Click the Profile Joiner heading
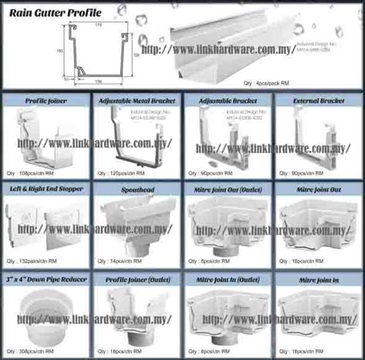tap(46, 99)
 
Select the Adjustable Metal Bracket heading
tap(136, 99)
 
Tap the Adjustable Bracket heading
tap(226, 99)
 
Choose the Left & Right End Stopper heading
tap(46, 187)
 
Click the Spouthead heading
tap(136, 187)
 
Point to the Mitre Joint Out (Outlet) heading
tap(226, 187)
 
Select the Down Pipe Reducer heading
tap(46, 276)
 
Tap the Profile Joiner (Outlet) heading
tap(136, 276)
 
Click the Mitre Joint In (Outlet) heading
tap(226, 276)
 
